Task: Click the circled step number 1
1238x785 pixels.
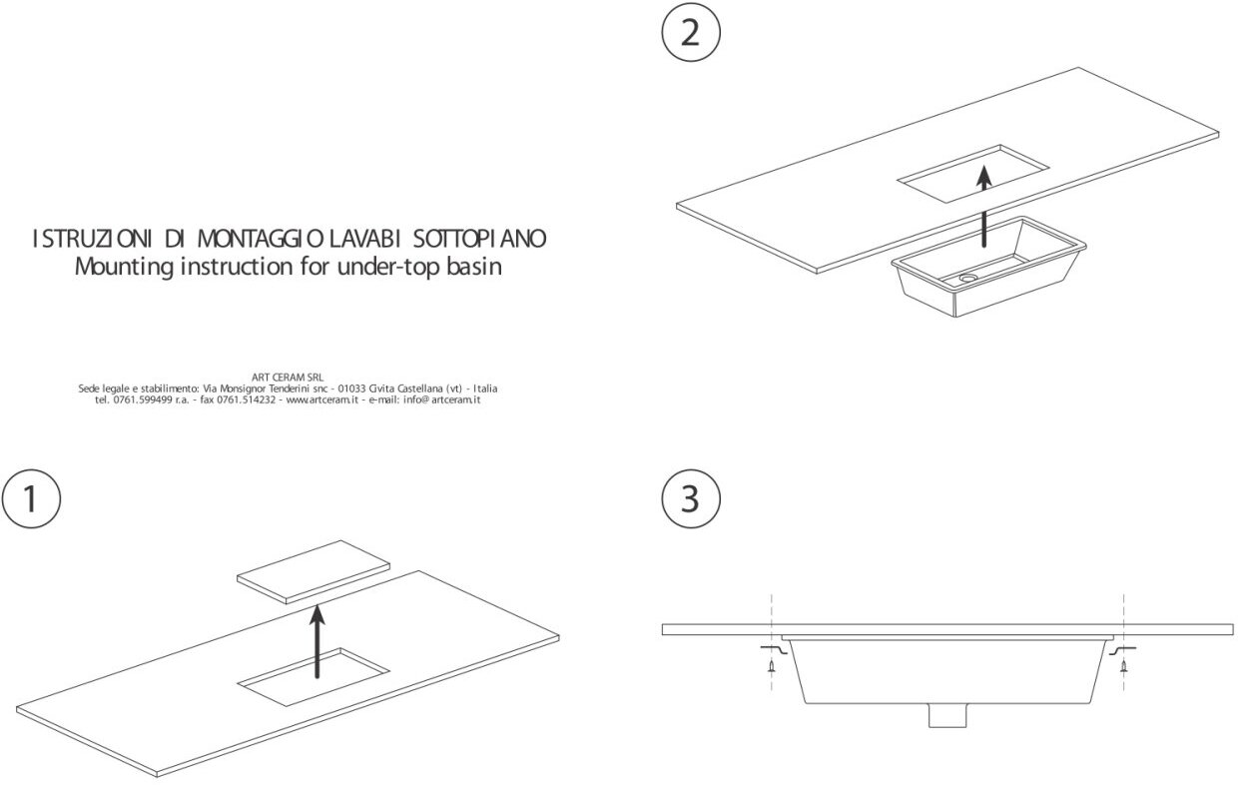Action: point(31,498)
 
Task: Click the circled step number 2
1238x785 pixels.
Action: point(690,33)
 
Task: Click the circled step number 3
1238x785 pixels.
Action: point(690,498)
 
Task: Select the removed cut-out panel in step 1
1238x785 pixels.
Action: point(312,571)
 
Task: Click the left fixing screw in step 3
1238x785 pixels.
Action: point(771,666)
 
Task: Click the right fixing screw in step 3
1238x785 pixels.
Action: point(1124,666)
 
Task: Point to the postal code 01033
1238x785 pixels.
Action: point(352,388)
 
